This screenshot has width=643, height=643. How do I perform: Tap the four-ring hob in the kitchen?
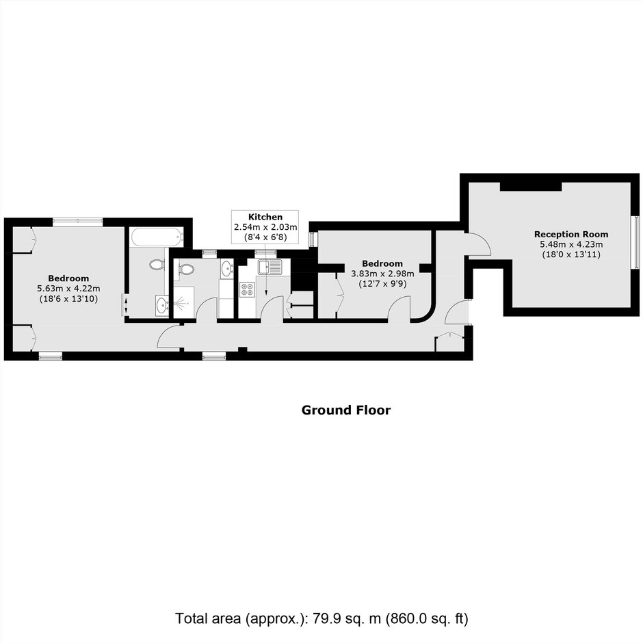tap(247, 289)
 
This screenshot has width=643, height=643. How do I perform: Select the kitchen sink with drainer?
tap(270, 267)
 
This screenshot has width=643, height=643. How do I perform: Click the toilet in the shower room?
tap(186, 269)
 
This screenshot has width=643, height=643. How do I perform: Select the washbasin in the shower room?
tap(226, 269)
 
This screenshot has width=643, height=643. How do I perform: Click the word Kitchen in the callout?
tap(265, 217)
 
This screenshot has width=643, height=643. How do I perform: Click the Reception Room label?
tap(570, 235)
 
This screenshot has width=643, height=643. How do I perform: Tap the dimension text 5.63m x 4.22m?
tap(68, 289)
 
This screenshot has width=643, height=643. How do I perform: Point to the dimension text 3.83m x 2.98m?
tap(382, 274)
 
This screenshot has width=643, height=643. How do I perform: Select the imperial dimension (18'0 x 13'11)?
tap(570, 254)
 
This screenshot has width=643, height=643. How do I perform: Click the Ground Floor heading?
tap(346, 410)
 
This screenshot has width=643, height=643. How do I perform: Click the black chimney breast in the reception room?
tap(531, 187)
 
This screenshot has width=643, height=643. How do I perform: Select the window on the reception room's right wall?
tap(637, 242)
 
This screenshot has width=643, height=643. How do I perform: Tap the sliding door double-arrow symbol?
tap(126, 305)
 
